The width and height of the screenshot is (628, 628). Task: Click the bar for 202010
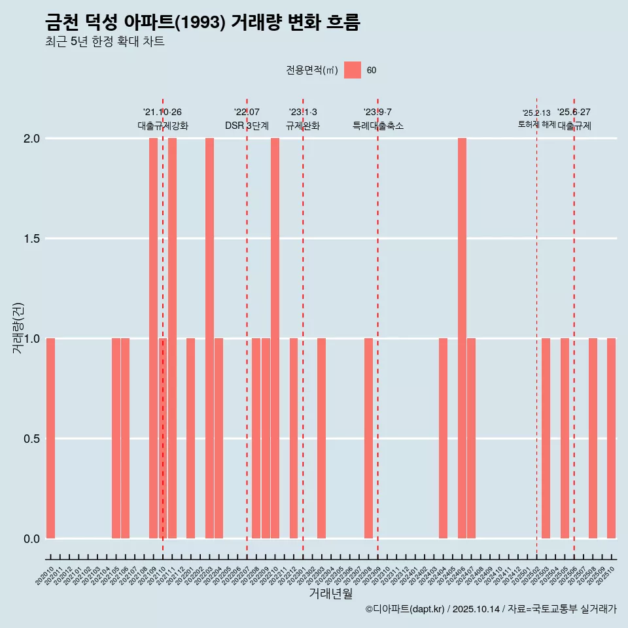pyautogui.click(x=50, y=438)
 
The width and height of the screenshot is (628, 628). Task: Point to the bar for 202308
pyautogui.click(x=368, y=438)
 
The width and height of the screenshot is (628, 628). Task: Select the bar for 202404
pyautogui.click(x=443, y=438)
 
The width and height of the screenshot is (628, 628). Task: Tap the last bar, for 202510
pyautogui.click(x=611, y=438)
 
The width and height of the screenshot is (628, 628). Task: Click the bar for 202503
pyautogui.click(x=546, y=438)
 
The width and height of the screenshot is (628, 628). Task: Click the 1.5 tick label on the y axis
pyautogui.click(x=31, y=239)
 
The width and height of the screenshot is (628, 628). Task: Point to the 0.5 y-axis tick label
pyautogui.click(x=31, y=439)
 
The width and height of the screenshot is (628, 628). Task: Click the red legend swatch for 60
pyautogui.click(x=353, y=70)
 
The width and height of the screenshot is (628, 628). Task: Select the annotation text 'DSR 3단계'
pyautogui.click(x=247, y=126)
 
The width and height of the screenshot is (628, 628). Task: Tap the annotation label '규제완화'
pyautogui.click(x=303, y=126)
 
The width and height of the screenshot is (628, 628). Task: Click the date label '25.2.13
pyautogui.click(x=536, y=113)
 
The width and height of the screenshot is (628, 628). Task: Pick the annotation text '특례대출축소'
pyautogui.click(x=378, y=126)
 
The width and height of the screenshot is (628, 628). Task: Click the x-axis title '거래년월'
pyautogui.click(x=330, y=594)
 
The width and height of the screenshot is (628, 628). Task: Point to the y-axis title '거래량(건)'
pyautogui.click(x=18, y=328)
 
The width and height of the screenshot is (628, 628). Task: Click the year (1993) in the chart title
pyautogui.click(x=201, y=23)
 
